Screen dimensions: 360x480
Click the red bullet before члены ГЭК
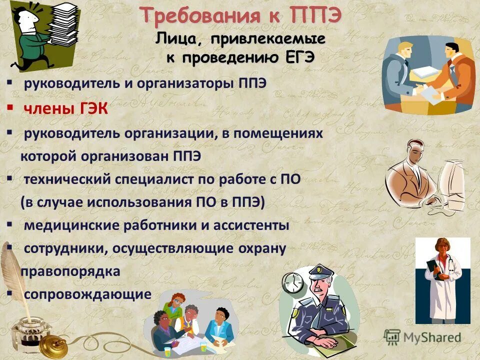click(9, 107)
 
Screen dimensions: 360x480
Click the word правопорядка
click(70, 271)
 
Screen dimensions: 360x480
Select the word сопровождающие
click(87, 294)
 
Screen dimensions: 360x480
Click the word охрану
click(261, 249)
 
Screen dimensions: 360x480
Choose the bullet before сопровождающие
click(9, 293)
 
